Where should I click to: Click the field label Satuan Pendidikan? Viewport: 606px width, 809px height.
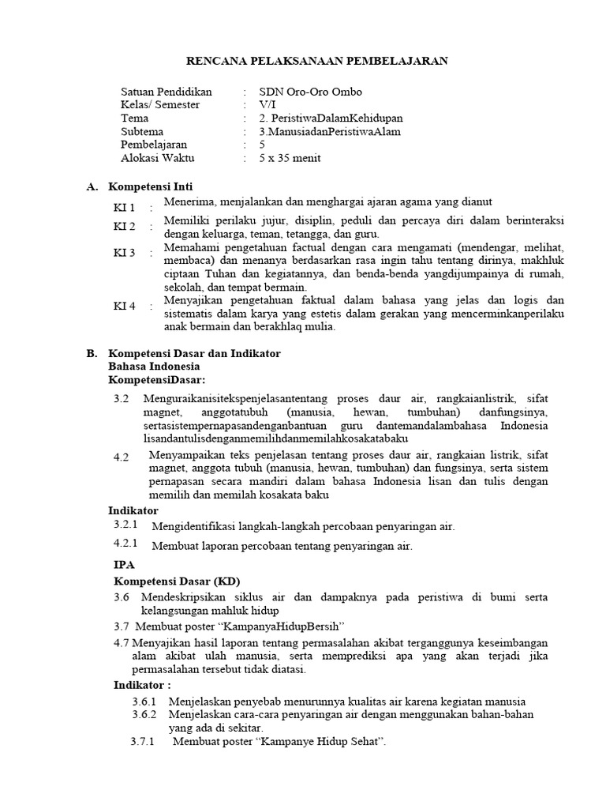point(166,92)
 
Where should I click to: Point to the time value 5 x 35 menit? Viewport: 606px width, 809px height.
point(290,158)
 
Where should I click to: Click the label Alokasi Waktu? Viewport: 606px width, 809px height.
point(157,158)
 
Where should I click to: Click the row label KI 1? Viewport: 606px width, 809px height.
point(125,208)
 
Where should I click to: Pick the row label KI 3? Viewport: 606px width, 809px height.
point(125,253)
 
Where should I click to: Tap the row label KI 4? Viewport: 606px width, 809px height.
point(125,306)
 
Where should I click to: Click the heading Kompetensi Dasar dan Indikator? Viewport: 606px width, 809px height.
point(194,353)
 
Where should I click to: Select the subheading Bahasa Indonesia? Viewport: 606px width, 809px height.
point(154,367)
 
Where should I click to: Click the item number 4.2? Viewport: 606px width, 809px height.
point(121,457)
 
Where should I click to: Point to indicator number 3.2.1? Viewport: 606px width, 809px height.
point(126,525)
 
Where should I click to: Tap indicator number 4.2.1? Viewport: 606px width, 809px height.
point(126,544)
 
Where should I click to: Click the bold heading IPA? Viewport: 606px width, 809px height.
point(124,565)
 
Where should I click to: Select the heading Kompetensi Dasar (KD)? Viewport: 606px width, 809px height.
point(171,581)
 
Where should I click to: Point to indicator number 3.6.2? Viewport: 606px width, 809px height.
point(144,714)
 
